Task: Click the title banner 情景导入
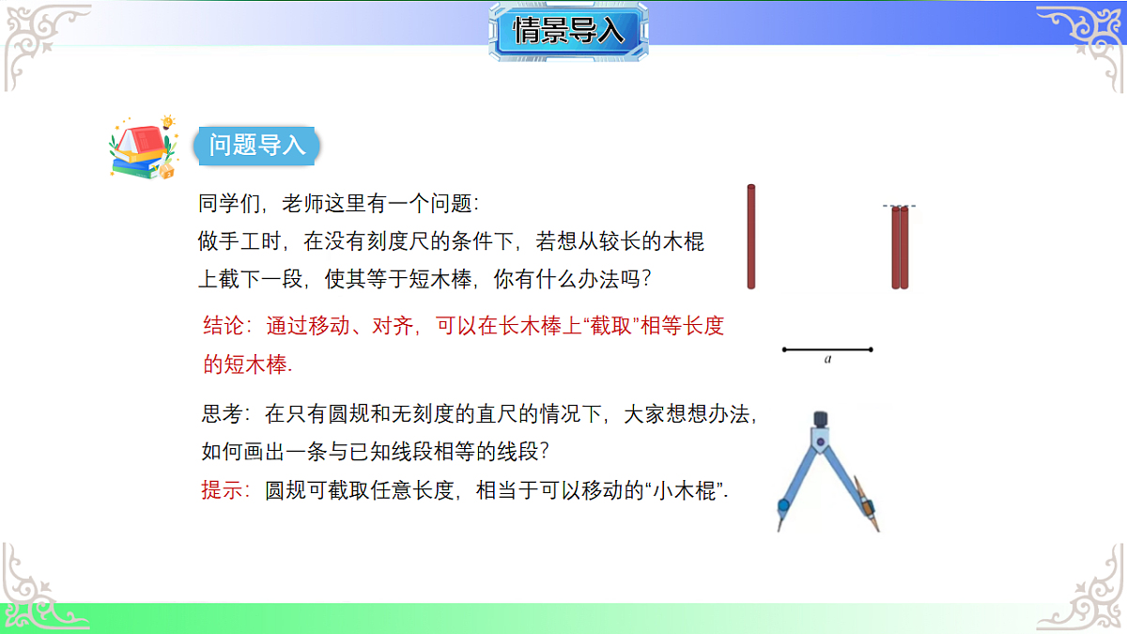click(x=568, y=31)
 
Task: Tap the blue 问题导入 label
click(x=256, y=146)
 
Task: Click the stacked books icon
click(x=141, y=148)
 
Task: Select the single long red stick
click(x=751, y=237)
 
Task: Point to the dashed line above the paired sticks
click(x=900, y=206)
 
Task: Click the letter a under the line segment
click(x=827, y=359)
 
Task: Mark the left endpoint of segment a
click(x=784, y=349)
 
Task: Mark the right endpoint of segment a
click(x=872, y=349)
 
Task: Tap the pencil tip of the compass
click(x=877, y=529)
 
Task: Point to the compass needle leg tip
click(x=779, y=527)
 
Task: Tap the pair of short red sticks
click(x=901, y=248)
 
